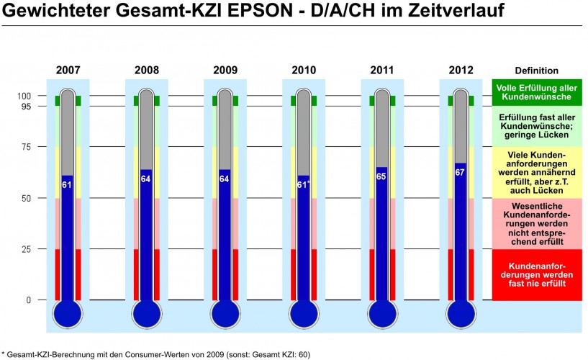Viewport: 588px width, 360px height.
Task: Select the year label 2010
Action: pos(303,71)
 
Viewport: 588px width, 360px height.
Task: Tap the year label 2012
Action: pos(461,71)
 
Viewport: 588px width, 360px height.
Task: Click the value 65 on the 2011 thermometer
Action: pos(382,176)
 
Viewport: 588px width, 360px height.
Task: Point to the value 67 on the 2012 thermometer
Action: pos(461,172)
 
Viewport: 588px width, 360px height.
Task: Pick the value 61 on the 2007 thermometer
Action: pos(67,184)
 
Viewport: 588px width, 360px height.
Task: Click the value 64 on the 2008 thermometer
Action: pos(146,179)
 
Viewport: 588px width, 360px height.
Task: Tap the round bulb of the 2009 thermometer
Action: pos(225,314)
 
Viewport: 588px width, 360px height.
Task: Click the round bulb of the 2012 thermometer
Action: pos(461,314)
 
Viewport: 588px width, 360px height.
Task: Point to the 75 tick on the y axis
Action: pos(26,147)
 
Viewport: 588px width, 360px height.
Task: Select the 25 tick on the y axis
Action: pos(26,249)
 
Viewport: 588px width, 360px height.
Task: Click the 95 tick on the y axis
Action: pos(26,107)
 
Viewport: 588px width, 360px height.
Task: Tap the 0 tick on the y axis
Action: pos(29,300)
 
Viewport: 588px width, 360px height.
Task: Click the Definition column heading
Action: pos(536,71)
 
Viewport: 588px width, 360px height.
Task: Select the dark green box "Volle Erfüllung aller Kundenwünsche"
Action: pos(536,92)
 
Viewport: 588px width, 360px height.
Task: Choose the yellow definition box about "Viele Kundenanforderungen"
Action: pos(536,173)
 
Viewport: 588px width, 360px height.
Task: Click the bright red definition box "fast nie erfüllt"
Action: pos(536,275)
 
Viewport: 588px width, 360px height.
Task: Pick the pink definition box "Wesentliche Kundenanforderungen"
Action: pos(536,224)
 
